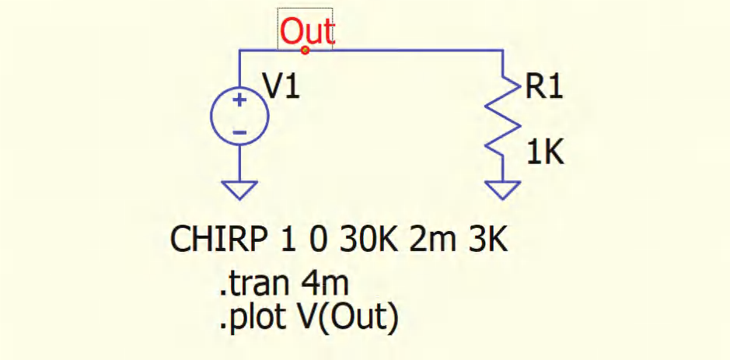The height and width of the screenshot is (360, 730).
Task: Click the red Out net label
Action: pos(306,32)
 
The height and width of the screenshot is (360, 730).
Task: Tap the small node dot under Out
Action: pos(305,50)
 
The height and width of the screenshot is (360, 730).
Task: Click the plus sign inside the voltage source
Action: pos(239,100)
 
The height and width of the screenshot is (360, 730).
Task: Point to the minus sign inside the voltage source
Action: pos(239,133)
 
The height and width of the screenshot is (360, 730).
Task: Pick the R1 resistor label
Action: pos(543,87)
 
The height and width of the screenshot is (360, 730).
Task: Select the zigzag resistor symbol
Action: pos(503,117)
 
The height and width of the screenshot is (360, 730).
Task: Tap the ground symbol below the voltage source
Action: pos(239,190)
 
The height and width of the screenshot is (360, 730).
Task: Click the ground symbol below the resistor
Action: pos(503,190)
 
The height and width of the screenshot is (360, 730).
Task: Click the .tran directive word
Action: pos(249,285)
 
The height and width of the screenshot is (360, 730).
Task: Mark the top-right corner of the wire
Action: pos(503,50)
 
